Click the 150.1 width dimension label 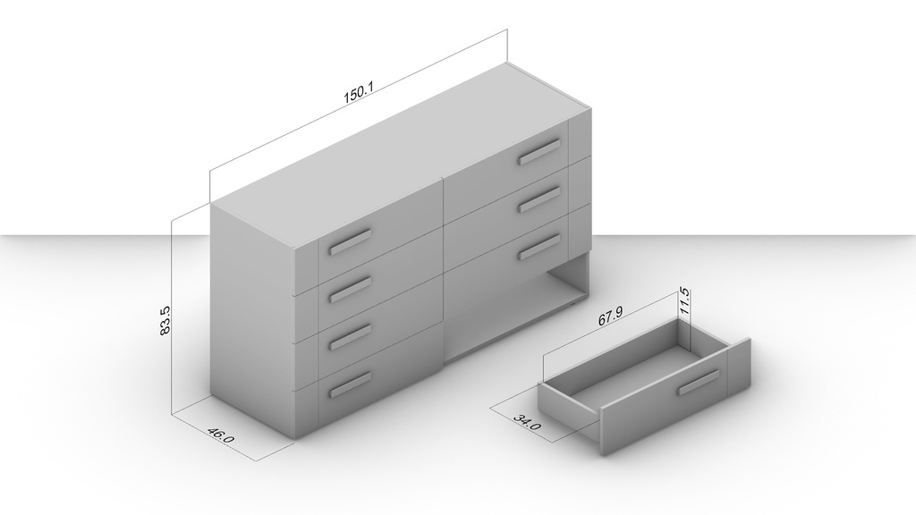[358, 93]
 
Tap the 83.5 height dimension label [165, 321]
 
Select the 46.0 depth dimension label [220, 435]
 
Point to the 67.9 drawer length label [610, 317]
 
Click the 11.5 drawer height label [684, 301]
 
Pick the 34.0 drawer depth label [527, 422]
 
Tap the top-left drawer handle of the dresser [350, 241]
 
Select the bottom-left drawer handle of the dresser [350, 384]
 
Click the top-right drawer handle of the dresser [539, 150]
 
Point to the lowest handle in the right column [539, 247]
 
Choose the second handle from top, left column [350, 290]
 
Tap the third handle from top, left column [350, 337]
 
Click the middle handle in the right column [539, 198]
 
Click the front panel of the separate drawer [674, 396]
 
